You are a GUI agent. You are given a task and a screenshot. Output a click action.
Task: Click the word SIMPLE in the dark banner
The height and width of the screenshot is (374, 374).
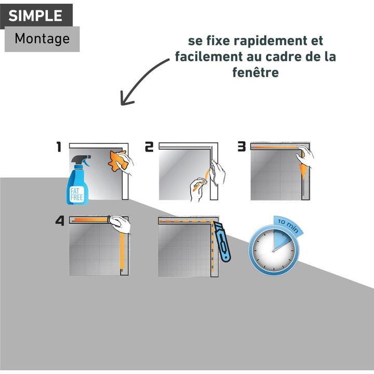(x=35, y=16)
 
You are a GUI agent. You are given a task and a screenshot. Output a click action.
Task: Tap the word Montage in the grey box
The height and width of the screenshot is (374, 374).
(x=42, y=38)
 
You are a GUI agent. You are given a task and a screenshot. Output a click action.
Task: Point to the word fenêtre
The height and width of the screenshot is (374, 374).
(x=256, y=72)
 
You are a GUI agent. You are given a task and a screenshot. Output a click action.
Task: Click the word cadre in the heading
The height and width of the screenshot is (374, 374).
(x=284, y=57)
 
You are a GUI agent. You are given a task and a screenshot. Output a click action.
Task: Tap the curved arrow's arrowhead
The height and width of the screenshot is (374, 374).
(x=126, y=98)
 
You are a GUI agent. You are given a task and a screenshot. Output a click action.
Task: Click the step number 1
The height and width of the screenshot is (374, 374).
(x=59, y=147)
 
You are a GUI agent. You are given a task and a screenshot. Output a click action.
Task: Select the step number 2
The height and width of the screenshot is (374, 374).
(x=149, y=147)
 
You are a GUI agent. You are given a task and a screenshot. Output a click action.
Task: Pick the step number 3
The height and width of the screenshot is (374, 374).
(x=242, y=146)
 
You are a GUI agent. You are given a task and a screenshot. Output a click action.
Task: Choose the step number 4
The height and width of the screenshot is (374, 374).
(x=60, y=221)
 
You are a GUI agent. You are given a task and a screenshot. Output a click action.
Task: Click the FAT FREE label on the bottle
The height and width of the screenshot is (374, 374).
(x=77, y=194)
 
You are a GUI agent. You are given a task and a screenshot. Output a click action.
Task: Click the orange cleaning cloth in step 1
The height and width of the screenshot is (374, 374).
(x=117, y=161)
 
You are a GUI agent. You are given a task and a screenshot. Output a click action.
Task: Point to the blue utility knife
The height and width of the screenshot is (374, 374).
(x=222, y=242)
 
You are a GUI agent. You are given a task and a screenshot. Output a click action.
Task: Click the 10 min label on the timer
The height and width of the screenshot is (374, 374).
(x=288, y=225)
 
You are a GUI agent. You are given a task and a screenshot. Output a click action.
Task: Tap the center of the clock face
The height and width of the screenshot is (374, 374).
(x=273, y=251)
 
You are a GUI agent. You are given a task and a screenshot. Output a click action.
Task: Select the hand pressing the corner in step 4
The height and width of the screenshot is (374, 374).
(x=120, y=224)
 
